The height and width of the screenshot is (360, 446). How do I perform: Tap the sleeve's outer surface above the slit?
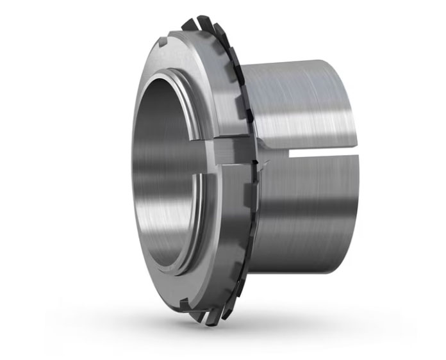pyautogui.click(x=301, y=102)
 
